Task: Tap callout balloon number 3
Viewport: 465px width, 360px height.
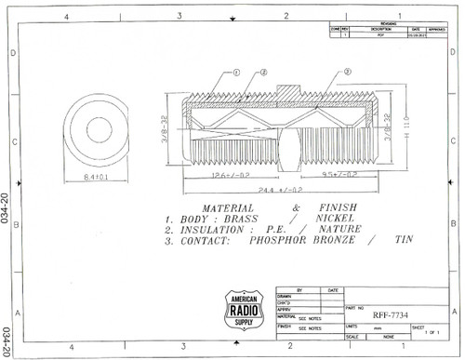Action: (x=346, y=72)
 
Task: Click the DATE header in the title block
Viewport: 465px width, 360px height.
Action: (x=332, y=290)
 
